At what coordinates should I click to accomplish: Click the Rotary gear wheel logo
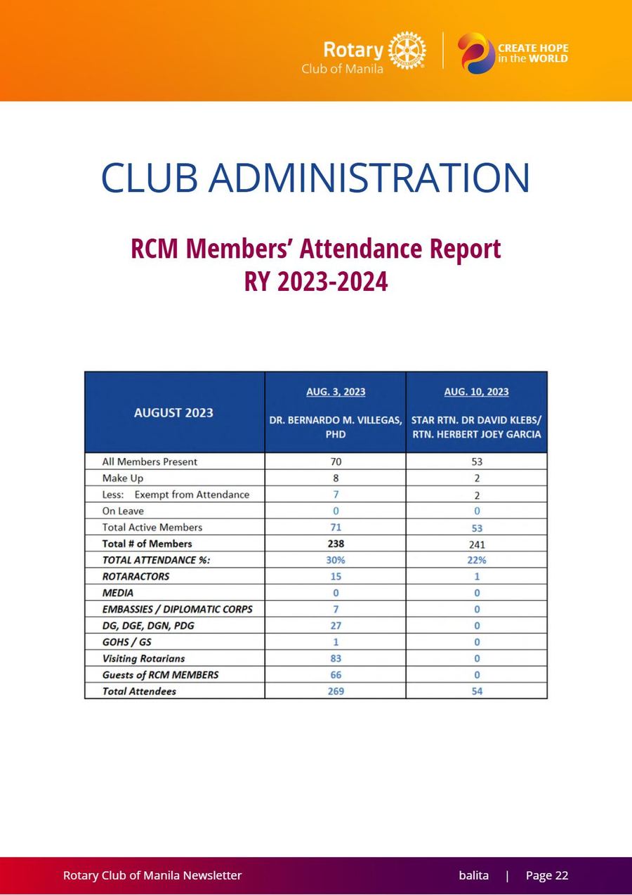[407, 51]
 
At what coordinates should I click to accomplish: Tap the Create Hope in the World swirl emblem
[476, 53]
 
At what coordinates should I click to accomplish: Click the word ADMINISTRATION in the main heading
[369, 177]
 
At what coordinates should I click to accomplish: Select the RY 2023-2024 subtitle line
[316, 281]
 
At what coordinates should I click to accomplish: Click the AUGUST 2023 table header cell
[173, 412]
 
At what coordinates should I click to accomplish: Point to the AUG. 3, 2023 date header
[336, 391]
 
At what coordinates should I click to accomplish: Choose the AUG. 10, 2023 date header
[476, 391]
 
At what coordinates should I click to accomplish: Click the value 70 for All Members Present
[336, 462]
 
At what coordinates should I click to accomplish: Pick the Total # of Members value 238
[336, 544]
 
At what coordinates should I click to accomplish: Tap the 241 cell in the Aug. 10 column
[477, 544]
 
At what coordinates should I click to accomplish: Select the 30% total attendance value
[336, 560]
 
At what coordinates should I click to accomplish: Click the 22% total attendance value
[477, 560]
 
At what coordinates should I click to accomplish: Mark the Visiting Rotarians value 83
[336, 658]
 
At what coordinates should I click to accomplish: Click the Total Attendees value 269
[336, 691]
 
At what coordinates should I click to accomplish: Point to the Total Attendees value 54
[477, 691]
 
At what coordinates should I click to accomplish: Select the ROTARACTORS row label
[136, 576]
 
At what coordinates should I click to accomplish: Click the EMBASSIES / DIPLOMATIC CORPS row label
[178, 609]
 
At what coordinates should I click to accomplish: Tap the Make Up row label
[123, 478]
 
